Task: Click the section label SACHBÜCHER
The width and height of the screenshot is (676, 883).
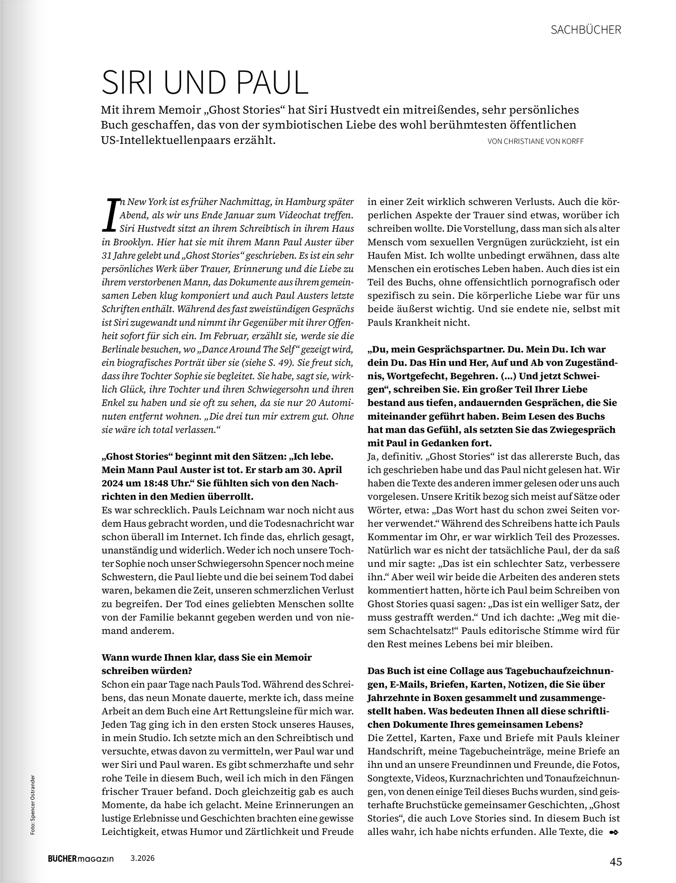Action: coord(586,30)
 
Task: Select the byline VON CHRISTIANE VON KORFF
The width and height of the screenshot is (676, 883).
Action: coord(536,141)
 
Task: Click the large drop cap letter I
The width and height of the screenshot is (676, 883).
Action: coord(113,215)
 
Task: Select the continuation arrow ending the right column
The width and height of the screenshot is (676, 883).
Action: coord(613,832)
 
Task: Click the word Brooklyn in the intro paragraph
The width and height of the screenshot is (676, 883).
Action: coord(131,242)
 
